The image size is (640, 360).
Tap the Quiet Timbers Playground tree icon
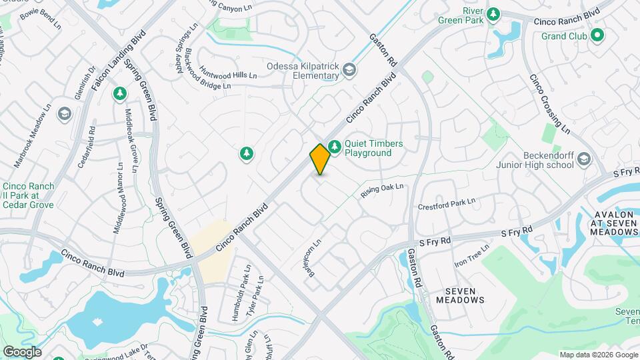pos(334,145)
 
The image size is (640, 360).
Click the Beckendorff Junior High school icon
pos(584,159)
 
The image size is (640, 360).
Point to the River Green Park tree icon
pos(493,13)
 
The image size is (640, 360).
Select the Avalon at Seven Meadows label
pos(614,223)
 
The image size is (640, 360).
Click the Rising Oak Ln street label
pos(383,190)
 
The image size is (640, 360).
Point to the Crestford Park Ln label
pos(447,204)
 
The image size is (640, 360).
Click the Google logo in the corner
pos(21,351)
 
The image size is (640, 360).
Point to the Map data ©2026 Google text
pos(599,355)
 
